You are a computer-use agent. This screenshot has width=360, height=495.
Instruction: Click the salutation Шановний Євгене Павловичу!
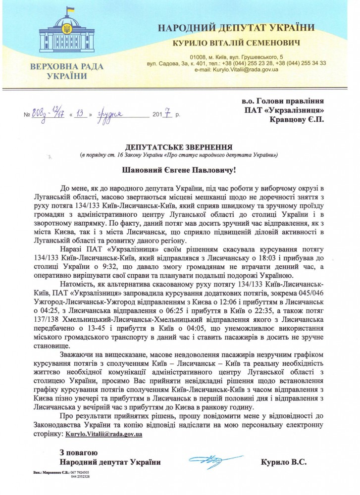click(180, 171)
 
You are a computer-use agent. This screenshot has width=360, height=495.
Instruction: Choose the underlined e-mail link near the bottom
click(104, 434)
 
